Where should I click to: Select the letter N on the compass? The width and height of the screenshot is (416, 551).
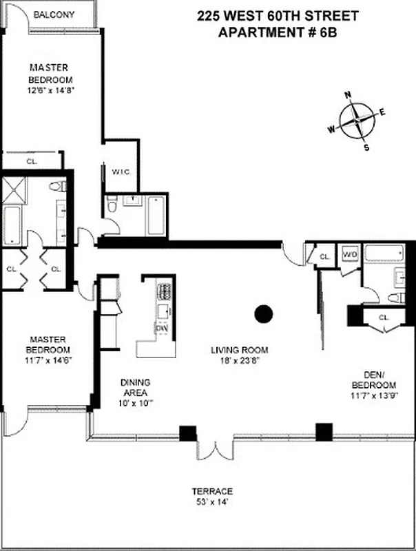[x=349, y=96]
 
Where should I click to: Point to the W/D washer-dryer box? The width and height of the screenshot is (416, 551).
[x=350, y=254]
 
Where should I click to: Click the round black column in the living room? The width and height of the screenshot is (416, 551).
[x=263, y=314]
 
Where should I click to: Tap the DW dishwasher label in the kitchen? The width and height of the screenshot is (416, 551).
[x=160, y=329]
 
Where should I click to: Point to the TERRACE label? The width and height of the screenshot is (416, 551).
[x=211, y=491]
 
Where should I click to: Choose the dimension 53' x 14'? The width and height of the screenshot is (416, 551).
[x=211, y=502]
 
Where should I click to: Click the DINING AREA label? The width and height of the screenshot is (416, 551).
[x=135, y=387]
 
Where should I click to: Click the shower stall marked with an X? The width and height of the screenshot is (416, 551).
[x=14, y=189]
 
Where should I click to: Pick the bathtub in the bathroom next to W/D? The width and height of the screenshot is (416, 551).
[x=385, y=254]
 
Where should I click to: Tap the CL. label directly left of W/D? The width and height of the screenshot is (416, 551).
[x=324, y=257]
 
